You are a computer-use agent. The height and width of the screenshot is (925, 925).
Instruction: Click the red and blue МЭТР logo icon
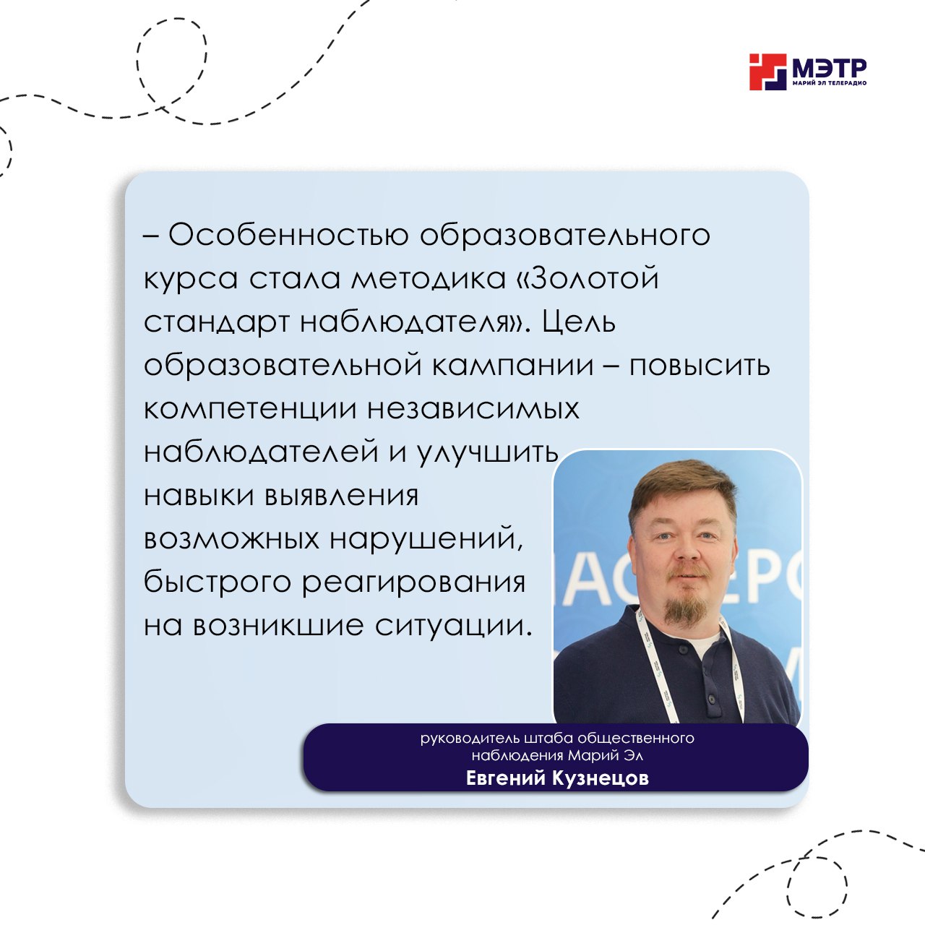click(768, 72)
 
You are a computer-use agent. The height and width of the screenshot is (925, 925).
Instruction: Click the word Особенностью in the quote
click(288, 235)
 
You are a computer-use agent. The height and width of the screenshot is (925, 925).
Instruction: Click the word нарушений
click(426, 539)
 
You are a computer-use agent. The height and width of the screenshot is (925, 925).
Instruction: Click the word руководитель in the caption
click(470, 738)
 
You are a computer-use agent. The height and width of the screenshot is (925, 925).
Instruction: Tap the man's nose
click(687, 550)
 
